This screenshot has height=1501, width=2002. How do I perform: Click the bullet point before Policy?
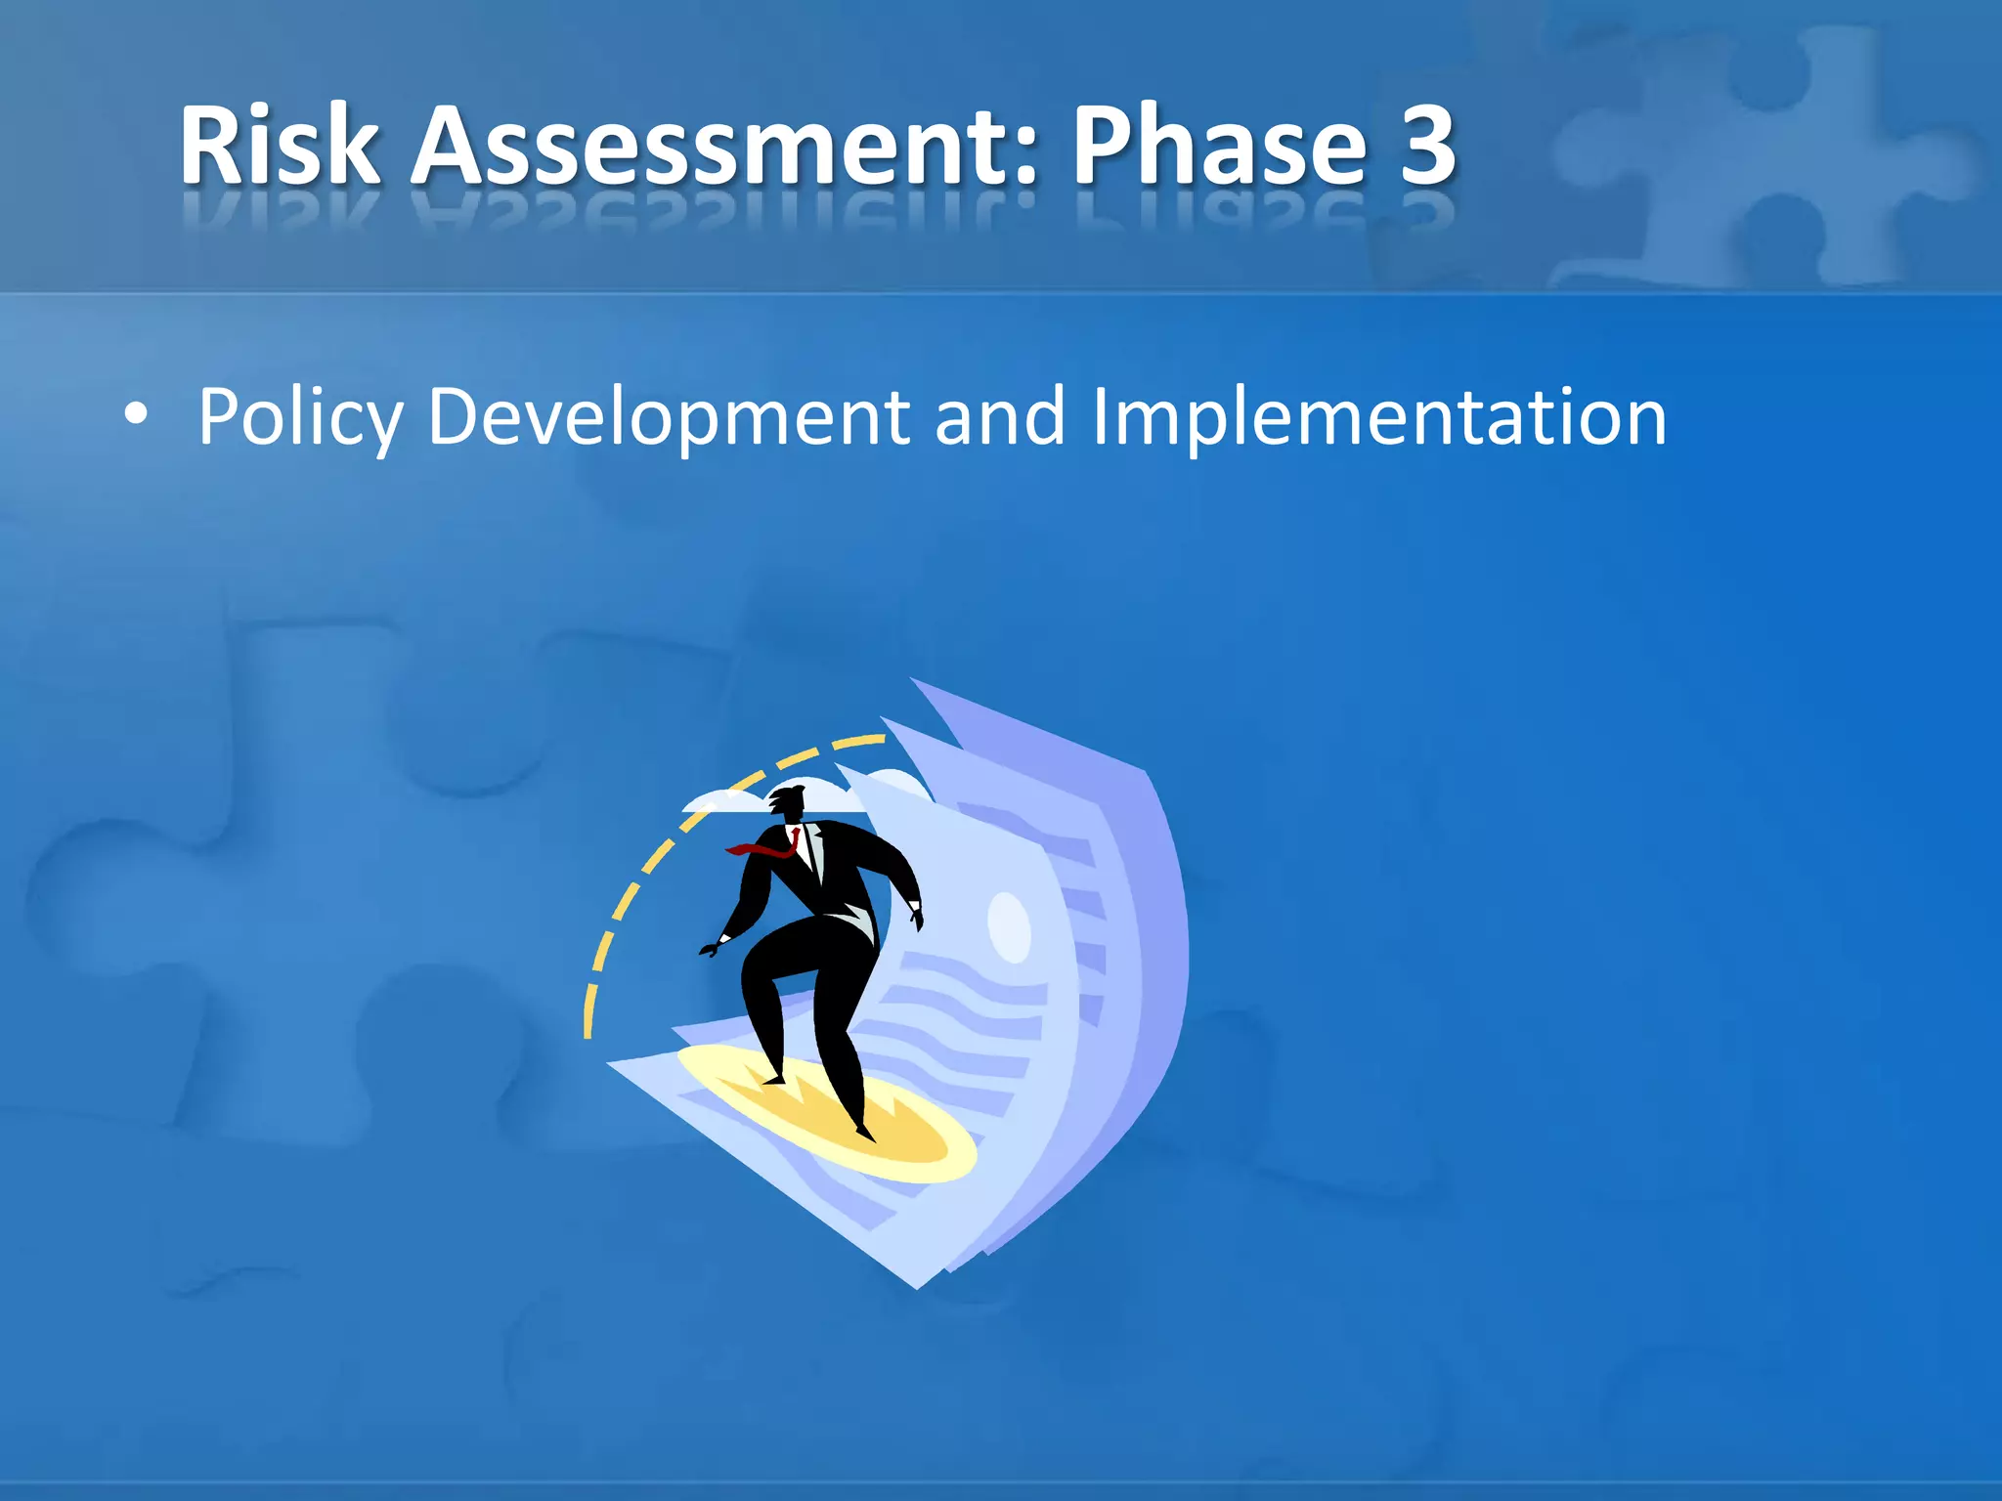136,415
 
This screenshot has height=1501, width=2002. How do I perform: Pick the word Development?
669,418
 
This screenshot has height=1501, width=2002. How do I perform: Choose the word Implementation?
1378,418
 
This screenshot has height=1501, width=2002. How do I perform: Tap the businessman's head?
789,804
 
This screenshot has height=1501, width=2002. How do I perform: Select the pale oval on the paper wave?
1009,926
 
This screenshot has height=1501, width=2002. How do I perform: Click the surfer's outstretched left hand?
711,947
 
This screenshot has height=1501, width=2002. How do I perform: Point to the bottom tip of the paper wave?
916,1286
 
